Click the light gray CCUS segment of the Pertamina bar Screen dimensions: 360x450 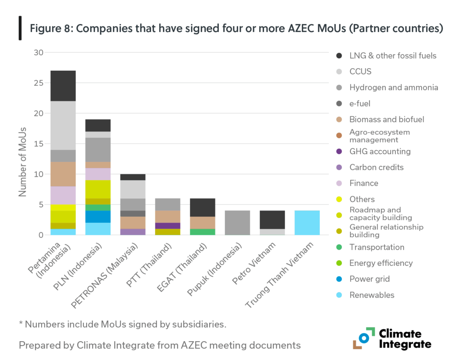pos(63,125)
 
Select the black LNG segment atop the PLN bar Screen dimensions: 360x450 pos(98,125)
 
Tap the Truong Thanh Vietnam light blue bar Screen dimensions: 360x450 pos(307,222)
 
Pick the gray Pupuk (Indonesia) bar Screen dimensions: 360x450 pos(237,222)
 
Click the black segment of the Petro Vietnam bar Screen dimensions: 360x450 pos(272,219)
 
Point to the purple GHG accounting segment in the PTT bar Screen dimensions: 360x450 pos(167,225)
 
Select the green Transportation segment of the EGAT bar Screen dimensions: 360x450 pos(202,232)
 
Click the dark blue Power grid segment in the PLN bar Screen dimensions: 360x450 pos(98,216)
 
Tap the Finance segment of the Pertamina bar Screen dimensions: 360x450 pos(63,195)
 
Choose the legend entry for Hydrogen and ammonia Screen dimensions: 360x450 pos(393,87)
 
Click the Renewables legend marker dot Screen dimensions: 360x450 pos(339,295)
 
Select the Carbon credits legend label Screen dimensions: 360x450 pos(376,167)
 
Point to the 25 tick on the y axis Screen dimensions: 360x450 pos(39,83)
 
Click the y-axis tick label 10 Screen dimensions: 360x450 pos(39,174)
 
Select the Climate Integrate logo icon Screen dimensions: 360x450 pos(363,338)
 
